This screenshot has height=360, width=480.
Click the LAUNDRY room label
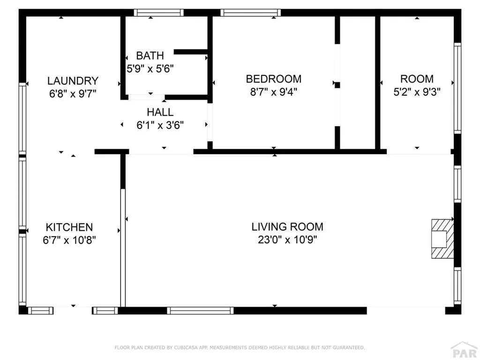point(73,81)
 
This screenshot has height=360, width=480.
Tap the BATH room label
point(150,56)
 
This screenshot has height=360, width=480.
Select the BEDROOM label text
point(273,79)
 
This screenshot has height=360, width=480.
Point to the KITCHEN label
point(69,227)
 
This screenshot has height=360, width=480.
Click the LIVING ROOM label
point(287,227)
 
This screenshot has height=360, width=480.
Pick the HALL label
point(160,112)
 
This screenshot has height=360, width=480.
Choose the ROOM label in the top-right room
point(416,79)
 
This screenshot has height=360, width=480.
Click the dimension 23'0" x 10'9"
point(287,240)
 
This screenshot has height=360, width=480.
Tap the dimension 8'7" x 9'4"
point(273,92)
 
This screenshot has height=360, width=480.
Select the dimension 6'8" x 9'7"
point(73,94)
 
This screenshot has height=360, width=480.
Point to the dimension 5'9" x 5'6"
point(150,69)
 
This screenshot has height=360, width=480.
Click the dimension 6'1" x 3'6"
point(160,125)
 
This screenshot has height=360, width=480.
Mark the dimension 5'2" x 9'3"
point(416,92)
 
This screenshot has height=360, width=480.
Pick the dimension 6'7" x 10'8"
point(69,240)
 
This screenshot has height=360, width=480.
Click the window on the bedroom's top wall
point(251,13)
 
